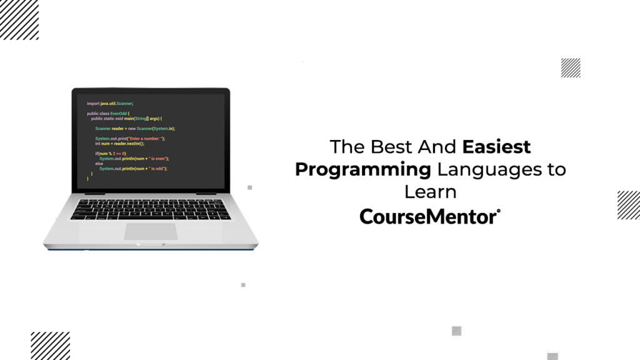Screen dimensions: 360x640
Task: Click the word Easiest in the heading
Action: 497,147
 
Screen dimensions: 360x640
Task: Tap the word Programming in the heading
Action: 363,169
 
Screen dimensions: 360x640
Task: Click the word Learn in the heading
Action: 430,191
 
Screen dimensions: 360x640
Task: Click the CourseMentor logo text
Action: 429,216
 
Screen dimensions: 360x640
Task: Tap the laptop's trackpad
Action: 151,231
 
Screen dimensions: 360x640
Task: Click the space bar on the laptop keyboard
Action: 148,216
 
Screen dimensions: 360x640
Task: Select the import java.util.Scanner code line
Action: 111,103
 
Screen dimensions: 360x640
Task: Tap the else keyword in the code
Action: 99,163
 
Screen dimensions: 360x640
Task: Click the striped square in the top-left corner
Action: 19,19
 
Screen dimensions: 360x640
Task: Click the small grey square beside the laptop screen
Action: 250,187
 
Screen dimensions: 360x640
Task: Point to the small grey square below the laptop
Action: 243,285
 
